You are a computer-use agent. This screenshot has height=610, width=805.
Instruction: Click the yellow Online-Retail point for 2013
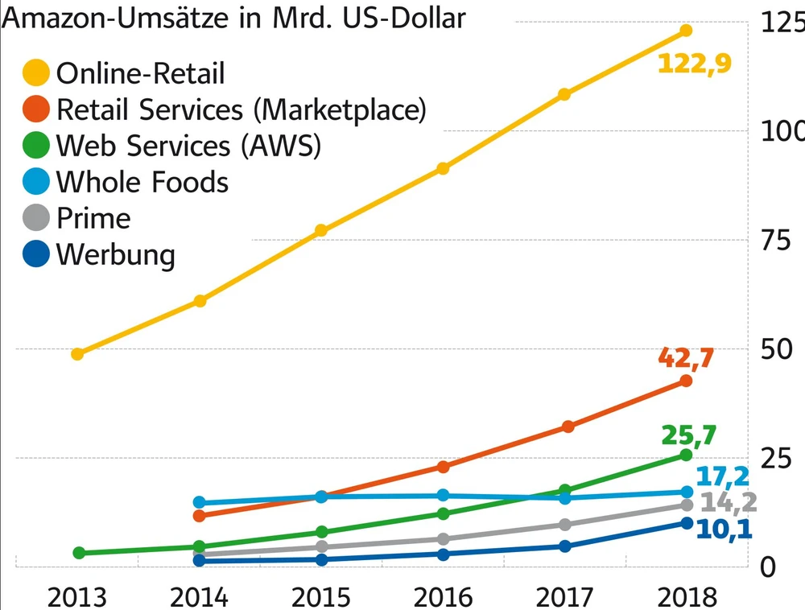77,353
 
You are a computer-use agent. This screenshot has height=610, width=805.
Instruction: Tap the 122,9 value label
694,64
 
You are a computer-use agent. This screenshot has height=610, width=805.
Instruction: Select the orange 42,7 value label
686,357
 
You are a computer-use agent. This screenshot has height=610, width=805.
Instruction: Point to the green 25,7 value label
687,435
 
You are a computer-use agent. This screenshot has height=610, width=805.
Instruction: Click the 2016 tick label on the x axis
444,596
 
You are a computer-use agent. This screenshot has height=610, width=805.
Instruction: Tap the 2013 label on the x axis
77,596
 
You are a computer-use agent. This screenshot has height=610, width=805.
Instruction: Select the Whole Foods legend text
142,183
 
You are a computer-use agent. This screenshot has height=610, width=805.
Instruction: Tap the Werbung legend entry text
115,255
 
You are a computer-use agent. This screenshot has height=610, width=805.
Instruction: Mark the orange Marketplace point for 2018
686,380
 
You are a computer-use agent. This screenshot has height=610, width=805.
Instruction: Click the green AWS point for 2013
79,553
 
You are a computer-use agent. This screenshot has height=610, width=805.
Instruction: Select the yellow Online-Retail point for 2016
443,168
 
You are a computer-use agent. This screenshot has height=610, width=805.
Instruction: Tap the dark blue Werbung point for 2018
686,523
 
